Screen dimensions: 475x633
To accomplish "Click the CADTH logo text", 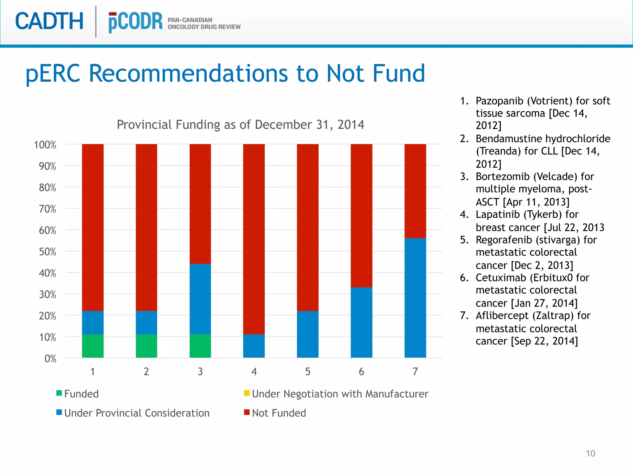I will coord(49,21).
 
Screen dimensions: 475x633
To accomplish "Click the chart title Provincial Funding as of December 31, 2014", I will coord(240,125).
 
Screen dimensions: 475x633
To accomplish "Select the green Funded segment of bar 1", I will coord(93,346).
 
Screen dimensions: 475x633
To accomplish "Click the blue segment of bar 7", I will coord(415,298).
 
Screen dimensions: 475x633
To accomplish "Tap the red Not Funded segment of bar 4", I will coord(254,239).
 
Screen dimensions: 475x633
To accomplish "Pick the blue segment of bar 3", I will coord(200,299).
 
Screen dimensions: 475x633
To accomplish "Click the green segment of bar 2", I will coord(147,346).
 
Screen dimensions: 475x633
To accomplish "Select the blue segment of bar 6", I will coord(361,322).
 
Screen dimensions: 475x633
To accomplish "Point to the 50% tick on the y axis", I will coord(48,252).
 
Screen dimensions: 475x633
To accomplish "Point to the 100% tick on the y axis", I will coord(45,145).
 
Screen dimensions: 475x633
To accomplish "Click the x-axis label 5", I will coord(308,371).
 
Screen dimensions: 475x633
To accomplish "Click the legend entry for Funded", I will coord(81,394).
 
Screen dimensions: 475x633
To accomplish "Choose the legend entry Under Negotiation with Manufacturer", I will coord(340,394).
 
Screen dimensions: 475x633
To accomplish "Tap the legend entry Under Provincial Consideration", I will coord(137,413).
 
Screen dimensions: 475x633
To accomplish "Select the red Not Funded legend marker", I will coord(247,412).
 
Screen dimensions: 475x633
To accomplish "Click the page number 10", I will coord(590,453).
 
